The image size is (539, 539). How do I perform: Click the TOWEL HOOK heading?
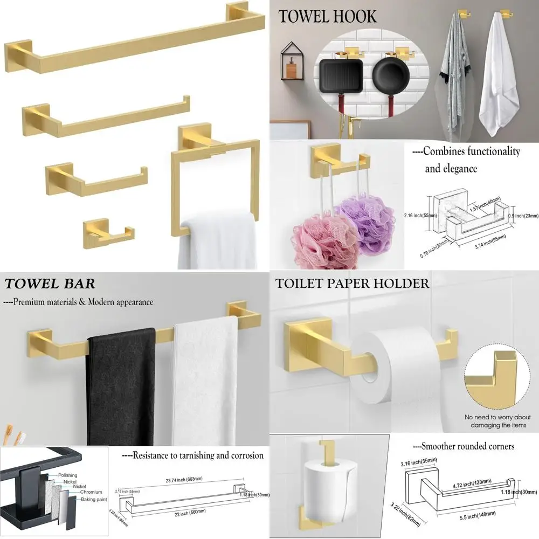[327, 17]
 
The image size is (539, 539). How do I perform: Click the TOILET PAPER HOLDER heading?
[352, 283]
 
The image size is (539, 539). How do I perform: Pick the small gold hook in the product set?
[106, 231]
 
